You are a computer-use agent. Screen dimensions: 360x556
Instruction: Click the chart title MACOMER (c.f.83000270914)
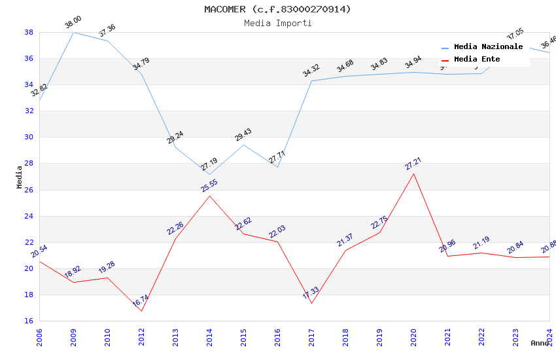pyautogui.click(x=277, y=9)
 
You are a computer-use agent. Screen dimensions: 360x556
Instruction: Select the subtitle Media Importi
pyautogui.click(x=277, y=23)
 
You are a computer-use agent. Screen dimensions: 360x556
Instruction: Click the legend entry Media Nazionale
pyautogui.click(x=488, y=47)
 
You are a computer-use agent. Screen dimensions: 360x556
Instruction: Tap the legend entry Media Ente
pyautogui.click(x=477, y=60)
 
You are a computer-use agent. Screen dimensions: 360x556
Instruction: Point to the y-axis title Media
pyautogui.click(x=20, y=177)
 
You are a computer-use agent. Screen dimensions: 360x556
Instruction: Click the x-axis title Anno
pyautogui.click(x=540, y=343)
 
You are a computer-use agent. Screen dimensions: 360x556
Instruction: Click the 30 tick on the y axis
pyautogui.click(x=29, y=137)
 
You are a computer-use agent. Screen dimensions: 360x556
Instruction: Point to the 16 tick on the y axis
pyautogui.click(x=29, y=321)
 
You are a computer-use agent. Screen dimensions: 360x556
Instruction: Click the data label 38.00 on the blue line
pyautogui.click(x=73, y=24)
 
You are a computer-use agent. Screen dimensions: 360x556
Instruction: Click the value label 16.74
pyautogui.click(x=141, y=301)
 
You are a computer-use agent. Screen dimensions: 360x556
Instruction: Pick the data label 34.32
pyautogui.click(x=311, y=71)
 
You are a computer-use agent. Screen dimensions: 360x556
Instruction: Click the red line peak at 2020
pyautogui.click(x=413, y=173)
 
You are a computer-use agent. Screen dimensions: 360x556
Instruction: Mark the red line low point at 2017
pyautogui.click(x=311, y=303)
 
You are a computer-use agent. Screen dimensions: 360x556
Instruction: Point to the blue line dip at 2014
pyautogui.click(x=209, y=174)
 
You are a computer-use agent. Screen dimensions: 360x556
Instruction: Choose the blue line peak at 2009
pyautogui.click(x=73, y=32)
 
